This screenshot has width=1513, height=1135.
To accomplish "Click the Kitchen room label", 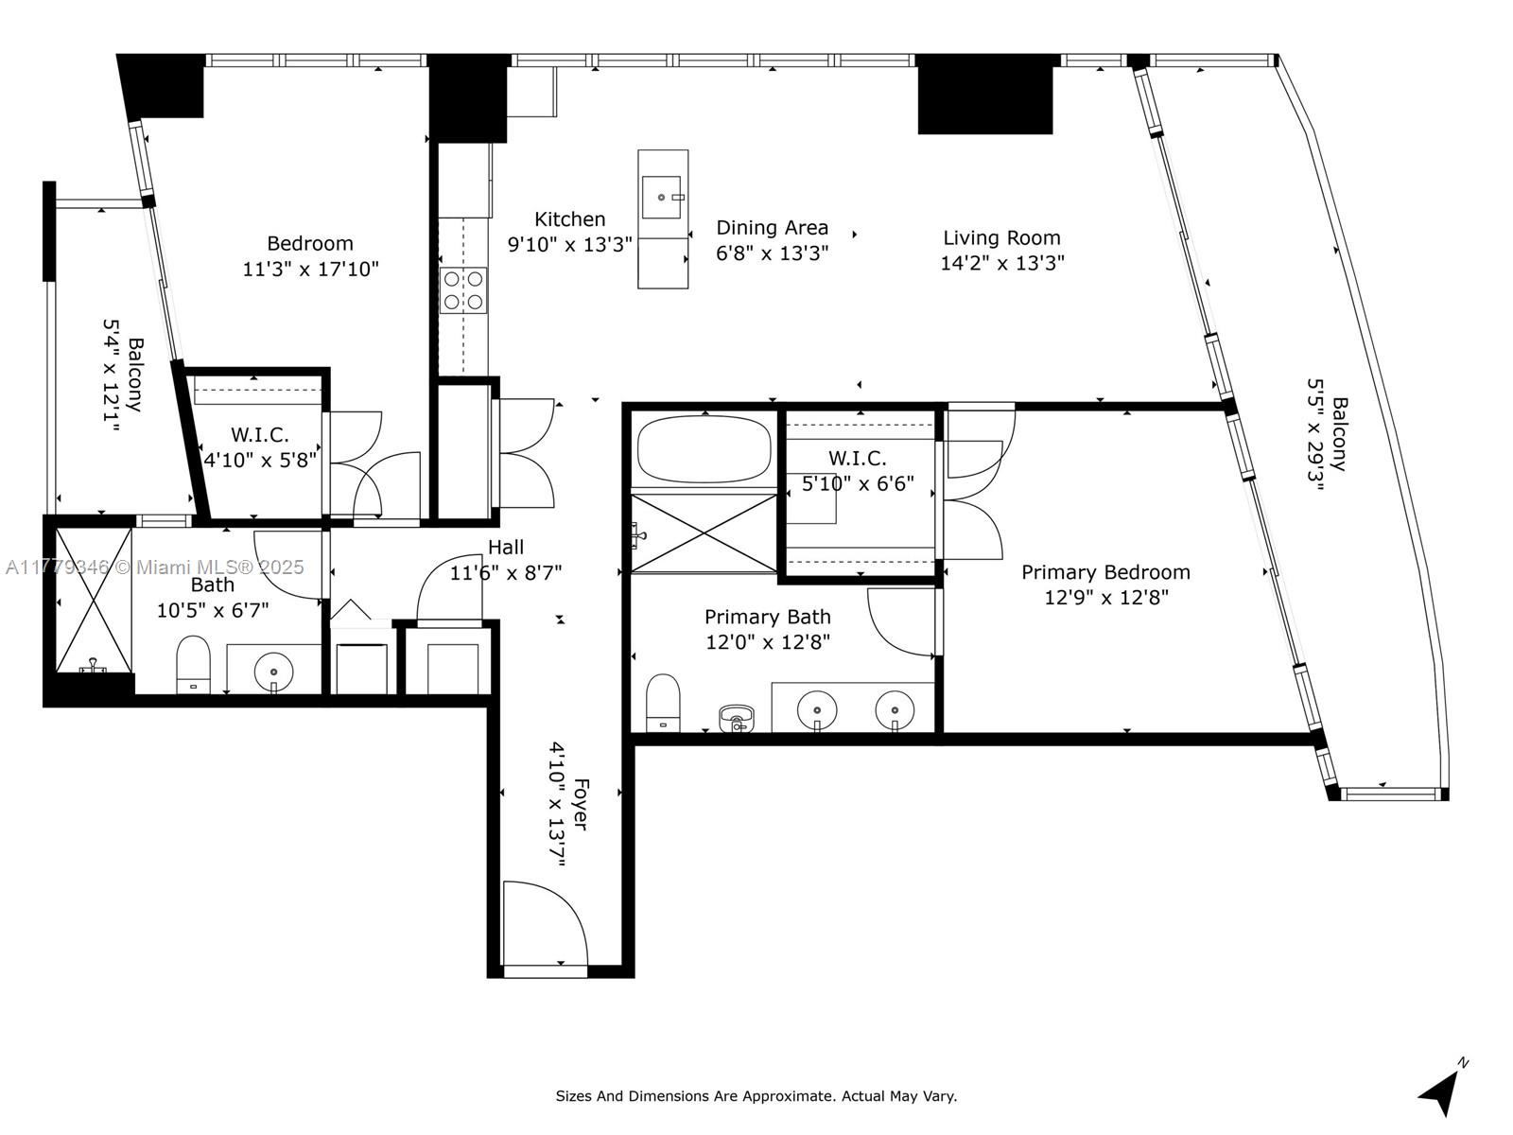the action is pos(570,219).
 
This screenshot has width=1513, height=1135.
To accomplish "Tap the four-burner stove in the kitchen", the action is pos(463,290).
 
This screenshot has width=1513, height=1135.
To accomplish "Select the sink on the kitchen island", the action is pos(663,197).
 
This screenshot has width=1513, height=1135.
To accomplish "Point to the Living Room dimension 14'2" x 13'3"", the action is pos(1002,263).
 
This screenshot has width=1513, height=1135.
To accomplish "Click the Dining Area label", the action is pos(772,227).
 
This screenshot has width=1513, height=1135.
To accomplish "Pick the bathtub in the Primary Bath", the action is pos(704,448).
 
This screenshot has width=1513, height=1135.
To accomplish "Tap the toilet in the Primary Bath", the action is pos(663,702).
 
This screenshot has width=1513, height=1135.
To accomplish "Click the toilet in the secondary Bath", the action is pos(193,664).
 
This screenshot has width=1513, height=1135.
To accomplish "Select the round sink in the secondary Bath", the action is pos(273,671).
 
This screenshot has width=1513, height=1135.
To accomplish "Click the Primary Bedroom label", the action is pos(1105,572).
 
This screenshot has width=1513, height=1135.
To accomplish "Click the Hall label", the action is pos(505,548).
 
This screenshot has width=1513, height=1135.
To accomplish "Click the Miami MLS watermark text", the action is pos(154,567).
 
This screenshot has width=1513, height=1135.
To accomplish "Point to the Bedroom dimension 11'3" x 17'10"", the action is pos(310,269).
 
